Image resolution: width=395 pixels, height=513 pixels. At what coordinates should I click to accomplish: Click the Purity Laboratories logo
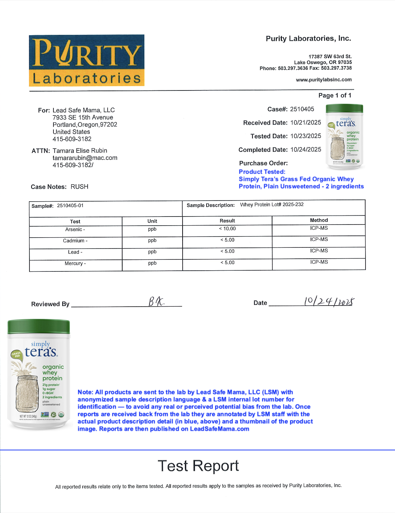(87, 60)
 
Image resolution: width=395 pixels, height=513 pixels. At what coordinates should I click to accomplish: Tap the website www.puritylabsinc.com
(324, 80)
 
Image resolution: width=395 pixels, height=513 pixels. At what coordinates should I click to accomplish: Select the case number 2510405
(302, 109)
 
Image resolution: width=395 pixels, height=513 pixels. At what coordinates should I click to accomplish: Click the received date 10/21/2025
(306, 122)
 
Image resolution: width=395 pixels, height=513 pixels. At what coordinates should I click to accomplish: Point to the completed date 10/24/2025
(306, 149)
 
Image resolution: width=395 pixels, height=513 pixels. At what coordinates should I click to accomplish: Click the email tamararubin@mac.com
(85, 158)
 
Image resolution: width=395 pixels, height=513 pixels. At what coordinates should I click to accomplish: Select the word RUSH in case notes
(79, 186)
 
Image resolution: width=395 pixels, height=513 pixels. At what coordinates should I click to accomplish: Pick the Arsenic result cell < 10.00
(227, 229)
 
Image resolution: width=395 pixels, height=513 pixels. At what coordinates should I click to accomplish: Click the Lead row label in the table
(75, 252)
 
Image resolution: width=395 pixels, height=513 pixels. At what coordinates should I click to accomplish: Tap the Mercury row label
(75, 263)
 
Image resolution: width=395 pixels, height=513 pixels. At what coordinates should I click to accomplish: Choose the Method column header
(319, 220)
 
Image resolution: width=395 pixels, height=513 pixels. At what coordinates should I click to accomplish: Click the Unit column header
(152, 221)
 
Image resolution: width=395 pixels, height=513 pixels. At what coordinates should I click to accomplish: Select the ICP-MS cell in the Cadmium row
(319, 239)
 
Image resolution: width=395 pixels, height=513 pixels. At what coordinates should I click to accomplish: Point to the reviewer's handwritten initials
(156, 301)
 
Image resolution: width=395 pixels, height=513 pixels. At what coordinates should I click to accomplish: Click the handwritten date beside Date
(329, 301)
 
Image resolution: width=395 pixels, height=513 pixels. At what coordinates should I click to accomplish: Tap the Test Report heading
(198, 466)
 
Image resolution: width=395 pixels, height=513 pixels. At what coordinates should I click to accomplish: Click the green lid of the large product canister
(39, 326)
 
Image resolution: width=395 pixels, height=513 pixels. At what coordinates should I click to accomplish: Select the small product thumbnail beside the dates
(344, 137)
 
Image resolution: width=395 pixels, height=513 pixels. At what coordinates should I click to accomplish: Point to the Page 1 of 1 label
(335, 95)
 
